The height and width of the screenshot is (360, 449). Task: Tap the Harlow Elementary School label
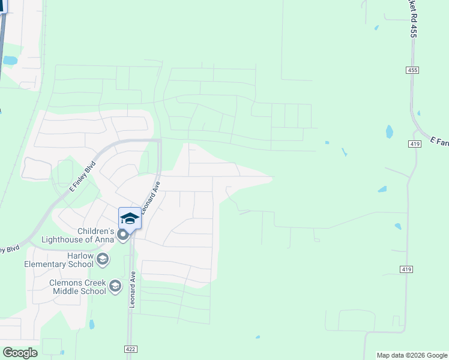point(59,260)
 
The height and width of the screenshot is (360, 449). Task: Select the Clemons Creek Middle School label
point(69,287)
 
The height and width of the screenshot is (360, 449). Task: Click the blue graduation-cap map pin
point(130,218)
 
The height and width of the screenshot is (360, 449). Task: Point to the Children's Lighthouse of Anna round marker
point(124,235)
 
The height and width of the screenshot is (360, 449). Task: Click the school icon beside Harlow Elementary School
point(103,259)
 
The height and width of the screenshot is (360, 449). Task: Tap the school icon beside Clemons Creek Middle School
point(115,286)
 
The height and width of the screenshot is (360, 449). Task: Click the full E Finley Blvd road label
point(83,175)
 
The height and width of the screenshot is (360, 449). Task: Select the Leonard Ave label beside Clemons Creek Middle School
point(131,288)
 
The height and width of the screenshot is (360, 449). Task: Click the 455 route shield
point(412,70)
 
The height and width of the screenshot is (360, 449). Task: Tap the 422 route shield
point(130,349)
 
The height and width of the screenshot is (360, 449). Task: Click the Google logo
point(20,352)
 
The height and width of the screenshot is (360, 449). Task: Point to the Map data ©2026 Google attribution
point(412,355)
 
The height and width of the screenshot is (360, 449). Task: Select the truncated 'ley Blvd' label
point(10,248)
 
